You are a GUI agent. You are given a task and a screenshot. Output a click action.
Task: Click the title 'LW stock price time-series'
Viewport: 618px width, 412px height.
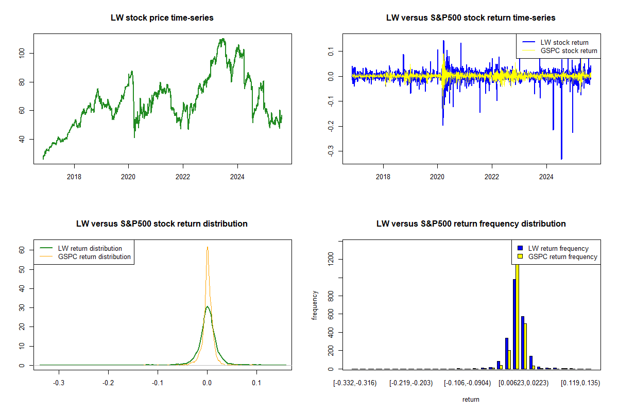[162, 18]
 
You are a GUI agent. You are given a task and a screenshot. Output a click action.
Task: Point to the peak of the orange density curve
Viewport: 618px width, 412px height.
[207, 247]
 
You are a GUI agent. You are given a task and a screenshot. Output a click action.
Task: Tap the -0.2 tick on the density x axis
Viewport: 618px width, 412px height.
[108, 383]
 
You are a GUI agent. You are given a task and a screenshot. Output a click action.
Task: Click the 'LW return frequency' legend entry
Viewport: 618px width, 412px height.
[558, 248]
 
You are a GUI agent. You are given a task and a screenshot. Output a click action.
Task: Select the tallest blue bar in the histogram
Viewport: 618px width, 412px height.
[514, 324]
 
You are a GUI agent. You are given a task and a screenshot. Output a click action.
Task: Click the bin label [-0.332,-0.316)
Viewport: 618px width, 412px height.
[355, 383]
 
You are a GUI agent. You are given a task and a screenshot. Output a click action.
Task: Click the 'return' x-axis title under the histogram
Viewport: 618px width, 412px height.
[471, 399]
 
